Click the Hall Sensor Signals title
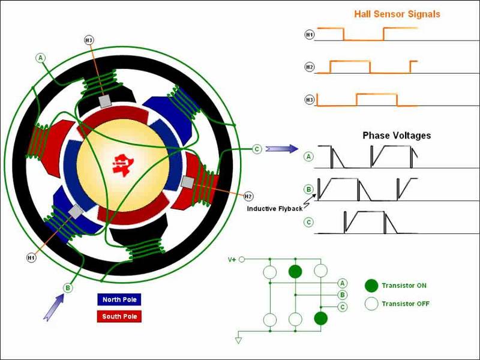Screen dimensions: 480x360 397,14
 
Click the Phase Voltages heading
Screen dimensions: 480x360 397,136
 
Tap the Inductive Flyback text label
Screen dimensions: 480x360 275,209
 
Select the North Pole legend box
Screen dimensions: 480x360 119,299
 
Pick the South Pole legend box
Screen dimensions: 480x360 119,316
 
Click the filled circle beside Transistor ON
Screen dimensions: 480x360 371,286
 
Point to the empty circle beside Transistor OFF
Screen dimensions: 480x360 371,304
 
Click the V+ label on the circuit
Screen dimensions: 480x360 232,260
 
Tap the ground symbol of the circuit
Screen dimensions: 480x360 238,340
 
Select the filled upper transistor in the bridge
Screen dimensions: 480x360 295,272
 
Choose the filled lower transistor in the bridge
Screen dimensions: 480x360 321,319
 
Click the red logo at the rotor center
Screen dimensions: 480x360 123,164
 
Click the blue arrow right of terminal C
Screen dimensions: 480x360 281,149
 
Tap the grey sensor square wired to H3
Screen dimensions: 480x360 106,101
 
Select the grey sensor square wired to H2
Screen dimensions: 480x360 188,182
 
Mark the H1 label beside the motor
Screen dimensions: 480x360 31,258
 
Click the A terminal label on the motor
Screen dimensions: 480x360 40,58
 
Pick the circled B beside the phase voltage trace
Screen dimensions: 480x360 309,190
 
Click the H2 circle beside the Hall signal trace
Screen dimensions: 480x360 310,67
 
